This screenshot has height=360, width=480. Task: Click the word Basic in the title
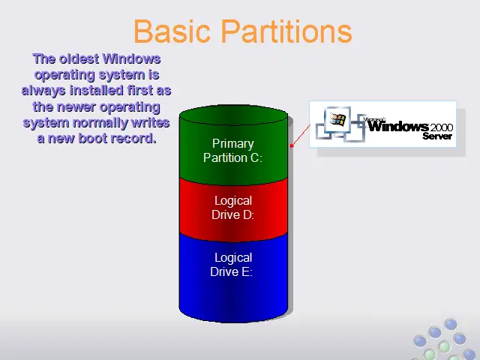tap(172, 31)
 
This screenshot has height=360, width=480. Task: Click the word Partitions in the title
tap(286, 31)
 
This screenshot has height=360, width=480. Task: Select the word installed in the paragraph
tap(97, 91)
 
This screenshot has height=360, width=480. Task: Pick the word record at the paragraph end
tap(133, 138)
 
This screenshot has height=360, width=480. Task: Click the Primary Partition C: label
tap(233, 151)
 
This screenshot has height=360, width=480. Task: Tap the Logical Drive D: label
tap(233, 208)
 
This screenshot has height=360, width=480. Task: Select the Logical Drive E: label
tap(232, 265)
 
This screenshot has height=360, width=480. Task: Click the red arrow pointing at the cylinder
tap(300, 136)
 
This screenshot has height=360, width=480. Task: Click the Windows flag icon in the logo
tap(337, 119)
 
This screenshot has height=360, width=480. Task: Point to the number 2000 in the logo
tap(442, 127)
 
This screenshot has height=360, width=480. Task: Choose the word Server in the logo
tap(437, 136)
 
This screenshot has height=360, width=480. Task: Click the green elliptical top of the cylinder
tap(233, 115)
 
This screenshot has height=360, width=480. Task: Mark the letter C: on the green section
tap(256, 158)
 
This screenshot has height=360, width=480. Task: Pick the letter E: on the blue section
tap(247, 271)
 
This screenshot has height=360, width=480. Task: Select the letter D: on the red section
tap(248, 215)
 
